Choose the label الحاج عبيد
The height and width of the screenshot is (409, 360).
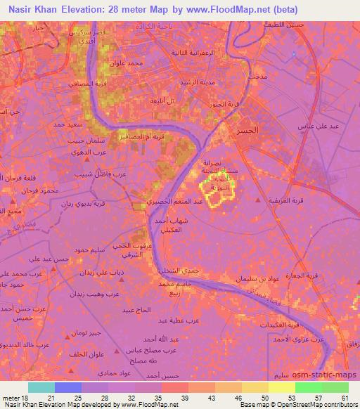[137, 310]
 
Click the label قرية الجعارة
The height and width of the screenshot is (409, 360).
[323, 276]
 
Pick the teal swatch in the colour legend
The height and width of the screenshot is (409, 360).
[41, 387]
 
